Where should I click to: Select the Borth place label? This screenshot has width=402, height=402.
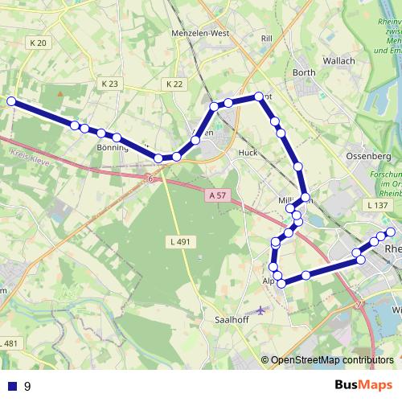pos(304,72)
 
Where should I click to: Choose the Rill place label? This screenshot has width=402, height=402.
pos(268,38)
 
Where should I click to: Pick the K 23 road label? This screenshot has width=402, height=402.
pos(110,84)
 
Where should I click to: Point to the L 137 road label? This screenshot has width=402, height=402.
pos(376,206)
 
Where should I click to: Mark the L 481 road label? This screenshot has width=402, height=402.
pos(8,343)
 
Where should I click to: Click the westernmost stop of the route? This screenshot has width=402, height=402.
pos(11,101)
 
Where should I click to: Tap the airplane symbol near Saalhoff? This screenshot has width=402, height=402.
pos(261,310)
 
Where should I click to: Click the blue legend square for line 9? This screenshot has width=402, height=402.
pos(11,386)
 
